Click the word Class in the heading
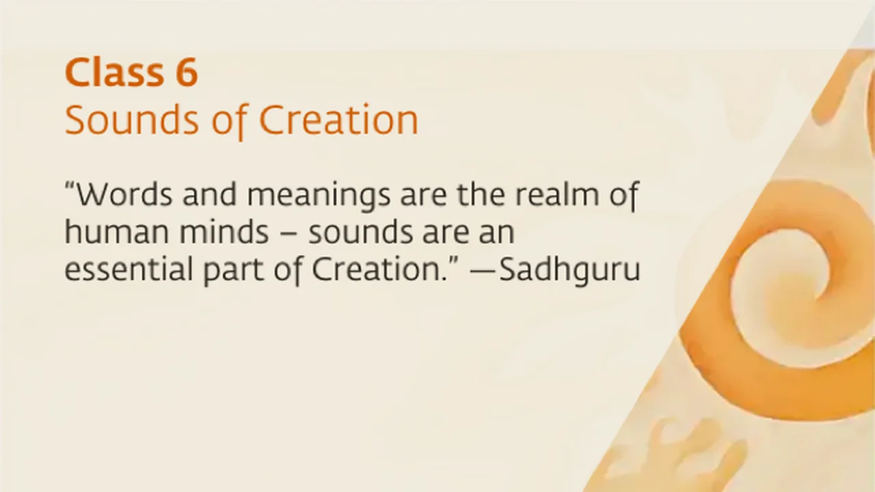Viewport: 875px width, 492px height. point(114,72)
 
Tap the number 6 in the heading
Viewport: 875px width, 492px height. point(187,72)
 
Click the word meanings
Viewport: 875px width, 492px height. point(319,197)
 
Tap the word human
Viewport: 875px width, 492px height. point(116,232)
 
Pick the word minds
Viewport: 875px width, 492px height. point(224,232)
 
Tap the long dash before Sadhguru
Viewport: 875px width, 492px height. point(483,272)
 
